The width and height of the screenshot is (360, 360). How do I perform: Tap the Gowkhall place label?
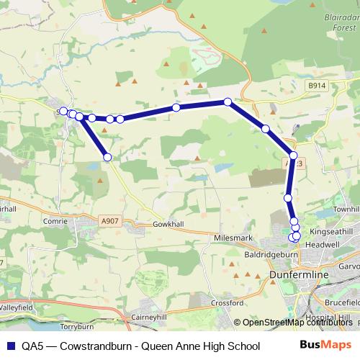tap(170, 225)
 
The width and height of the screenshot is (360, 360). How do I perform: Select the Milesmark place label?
tap(230, 236)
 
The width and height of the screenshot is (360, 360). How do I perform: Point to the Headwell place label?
tap(321, 244)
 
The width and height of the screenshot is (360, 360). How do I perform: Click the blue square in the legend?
tap(11, 346)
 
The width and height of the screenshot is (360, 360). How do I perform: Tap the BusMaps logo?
tap(326, 346)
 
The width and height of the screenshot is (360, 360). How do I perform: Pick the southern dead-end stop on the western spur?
tap(107, 157)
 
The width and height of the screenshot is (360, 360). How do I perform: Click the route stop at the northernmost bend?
tap(228, 102)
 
